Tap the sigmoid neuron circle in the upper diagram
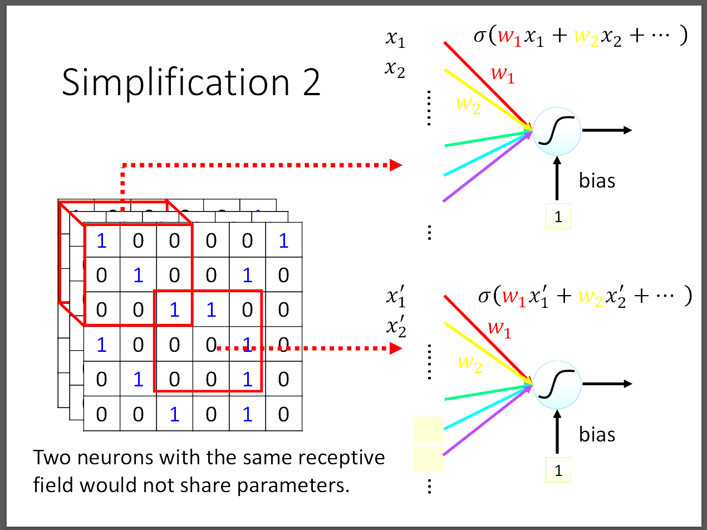click(x=557, y=131)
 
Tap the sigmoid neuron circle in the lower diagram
click(x=557, y=384)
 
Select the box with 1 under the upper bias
click(x=558, y=218)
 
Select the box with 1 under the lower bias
click(x=558, y=471)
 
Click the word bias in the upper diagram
click(x=597, y=180)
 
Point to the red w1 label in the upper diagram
click(x=502, y=75)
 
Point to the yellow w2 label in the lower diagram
click(x=469, y=363)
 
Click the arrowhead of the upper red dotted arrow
click(x=396, y=165)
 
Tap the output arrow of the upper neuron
click(x=607, y=130)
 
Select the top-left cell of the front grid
click(x=101, y=241)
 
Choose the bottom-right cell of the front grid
click(x=283, y=414)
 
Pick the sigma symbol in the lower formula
click(x=484, y=296)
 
